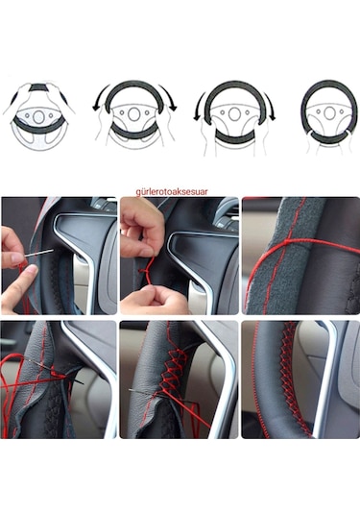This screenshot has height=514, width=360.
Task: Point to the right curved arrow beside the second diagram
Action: [x=172, y=99]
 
